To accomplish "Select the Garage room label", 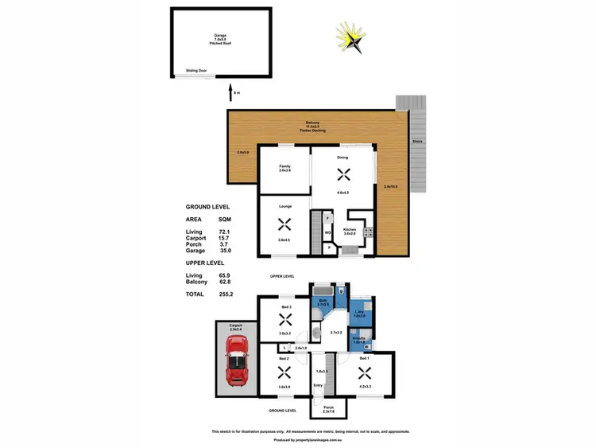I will coord(220,36).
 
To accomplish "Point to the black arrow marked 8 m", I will coord(231,94).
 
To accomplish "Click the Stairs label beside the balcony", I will coord(416,142).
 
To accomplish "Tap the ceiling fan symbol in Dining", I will coord(343,176).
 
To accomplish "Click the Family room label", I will coord(284,166).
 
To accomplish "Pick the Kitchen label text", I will coord(349,229).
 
